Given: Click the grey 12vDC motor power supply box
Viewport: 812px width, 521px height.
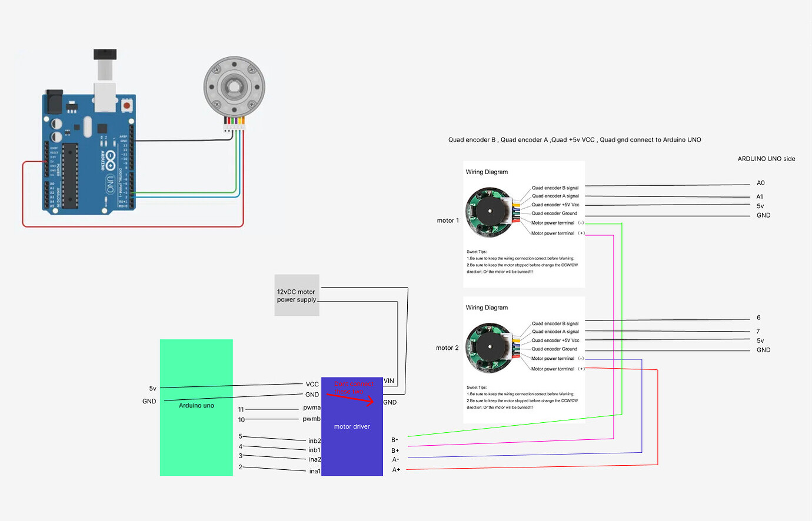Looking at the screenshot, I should (x=297, y=295).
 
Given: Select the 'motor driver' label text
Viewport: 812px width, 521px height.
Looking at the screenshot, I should (x=352, y=426).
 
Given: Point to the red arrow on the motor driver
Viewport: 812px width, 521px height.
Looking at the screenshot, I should (x=352, y=399).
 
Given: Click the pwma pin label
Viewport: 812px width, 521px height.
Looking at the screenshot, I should (x=312, y=408).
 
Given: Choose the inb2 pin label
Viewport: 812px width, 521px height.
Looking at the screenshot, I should (x=315, y=440).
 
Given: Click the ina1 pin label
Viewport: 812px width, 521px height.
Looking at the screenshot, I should (x=315, y=471).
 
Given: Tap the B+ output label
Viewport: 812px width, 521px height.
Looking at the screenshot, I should (x=395, y=450).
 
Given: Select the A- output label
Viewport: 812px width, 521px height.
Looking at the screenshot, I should (x=395, y=459).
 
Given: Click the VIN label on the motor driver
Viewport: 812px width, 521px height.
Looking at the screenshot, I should (x=389, y=380).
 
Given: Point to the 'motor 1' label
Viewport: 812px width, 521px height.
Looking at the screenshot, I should (x=448, y=221).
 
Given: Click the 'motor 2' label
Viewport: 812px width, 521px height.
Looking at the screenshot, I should (x=447, y=348).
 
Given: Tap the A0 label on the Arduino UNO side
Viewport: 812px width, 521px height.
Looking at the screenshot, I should (x=761, y=183).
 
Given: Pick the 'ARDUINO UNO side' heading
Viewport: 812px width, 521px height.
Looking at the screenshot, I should (x=766, y=159).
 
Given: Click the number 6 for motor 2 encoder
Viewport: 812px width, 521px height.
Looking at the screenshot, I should (x=758, y=318).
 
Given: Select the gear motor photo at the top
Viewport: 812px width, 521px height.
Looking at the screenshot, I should (x=234, y=88).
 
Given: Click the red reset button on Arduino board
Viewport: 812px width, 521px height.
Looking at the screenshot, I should (x=127, y=106).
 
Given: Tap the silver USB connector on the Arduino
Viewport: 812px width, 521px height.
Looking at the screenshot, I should (x=105, y=97).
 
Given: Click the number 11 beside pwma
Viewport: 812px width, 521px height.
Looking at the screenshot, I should (x=241, y=409).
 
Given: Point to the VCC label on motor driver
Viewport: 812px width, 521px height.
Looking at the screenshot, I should (x=312, y=384).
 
